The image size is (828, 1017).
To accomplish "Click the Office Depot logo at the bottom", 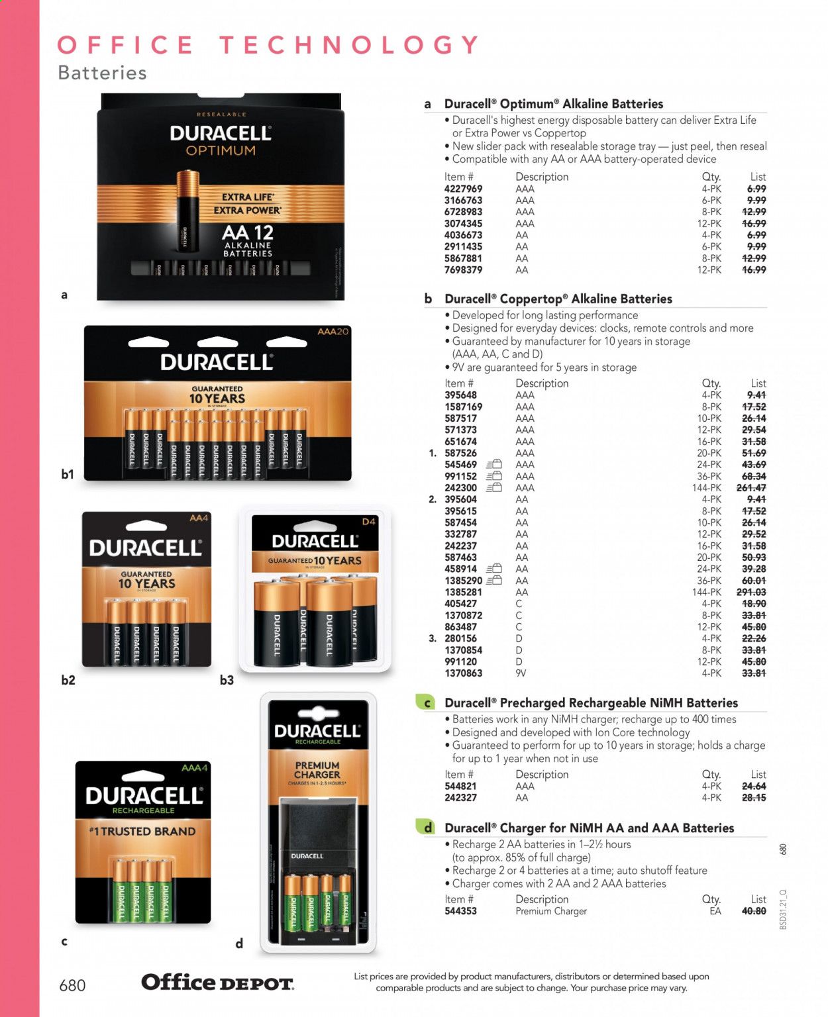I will [x=217, y=983].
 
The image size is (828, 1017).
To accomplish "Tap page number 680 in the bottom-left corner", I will [x=72, y=986].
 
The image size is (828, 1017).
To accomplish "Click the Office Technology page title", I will [x=268, y=45].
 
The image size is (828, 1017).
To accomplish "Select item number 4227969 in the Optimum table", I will [x=463, y=189].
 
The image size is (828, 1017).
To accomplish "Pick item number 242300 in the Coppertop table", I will [x=460, y=488].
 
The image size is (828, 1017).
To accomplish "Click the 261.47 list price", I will [x=751, y=488].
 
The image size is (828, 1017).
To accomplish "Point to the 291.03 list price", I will [x=751, y=593].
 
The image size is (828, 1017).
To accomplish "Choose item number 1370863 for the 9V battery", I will [x=463, y=673].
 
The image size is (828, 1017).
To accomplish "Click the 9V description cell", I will [x=521, y=673].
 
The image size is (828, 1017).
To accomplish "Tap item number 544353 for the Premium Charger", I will [x=460, y=911].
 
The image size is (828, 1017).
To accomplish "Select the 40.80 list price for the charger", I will [x=754, y=911].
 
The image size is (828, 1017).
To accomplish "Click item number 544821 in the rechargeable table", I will [x=460, y=787].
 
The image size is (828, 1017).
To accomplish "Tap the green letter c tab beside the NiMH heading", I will [x=427, y=703].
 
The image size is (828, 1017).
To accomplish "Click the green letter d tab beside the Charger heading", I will [x=427, y=828].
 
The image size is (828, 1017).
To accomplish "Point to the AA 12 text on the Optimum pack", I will [x=248, y=233].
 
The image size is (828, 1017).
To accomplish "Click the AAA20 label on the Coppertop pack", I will [x=333, y=331].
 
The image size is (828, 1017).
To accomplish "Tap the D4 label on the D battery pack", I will [x=369, y=522].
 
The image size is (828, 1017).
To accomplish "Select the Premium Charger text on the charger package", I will [x=317, y=770].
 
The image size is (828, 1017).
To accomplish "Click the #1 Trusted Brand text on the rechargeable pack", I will [x=142, y=832].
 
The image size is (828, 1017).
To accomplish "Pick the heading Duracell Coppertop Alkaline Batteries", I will [x=558, y=299].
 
